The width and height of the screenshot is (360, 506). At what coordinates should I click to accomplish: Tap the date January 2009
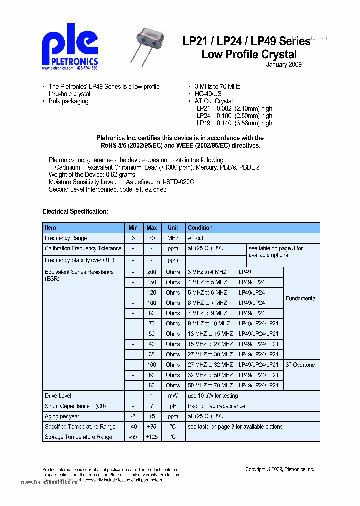pyautogui.click(x=283, y=65)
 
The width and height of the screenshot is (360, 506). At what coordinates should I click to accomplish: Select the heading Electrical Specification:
pyautogui.click(x=75, y=211)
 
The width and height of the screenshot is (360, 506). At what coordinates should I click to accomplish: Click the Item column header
pyautogui.click(x=50, y=228)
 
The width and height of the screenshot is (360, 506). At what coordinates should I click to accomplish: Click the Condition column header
pyautogui.click(x=200, y=228)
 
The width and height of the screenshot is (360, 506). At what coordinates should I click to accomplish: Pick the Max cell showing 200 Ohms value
pyautogui.click(x=152, y=272)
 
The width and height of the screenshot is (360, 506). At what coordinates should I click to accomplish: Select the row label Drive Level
pyautogui.click(x=58, y=396)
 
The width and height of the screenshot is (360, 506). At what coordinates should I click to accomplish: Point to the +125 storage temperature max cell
pyautogui.click(x=152, y=437)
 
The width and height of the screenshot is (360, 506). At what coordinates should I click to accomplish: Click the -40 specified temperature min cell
pyautogui.click(x=133, y=427)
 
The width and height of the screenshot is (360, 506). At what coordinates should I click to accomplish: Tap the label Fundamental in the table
pyautogui.click(x=301, y=298)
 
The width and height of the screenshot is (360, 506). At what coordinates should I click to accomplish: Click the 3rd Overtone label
pyautogui.click(x=300, y=365)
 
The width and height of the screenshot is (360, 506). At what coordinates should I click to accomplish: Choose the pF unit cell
pyautogui.click(x=173, y=406)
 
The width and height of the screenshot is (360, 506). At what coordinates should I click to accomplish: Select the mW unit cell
pyautogui.click(x=173, y=396)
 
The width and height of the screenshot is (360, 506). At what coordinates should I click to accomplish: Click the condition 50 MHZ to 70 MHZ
pyautogui.click(x=210, y=385)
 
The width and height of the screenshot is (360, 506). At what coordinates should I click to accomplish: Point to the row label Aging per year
pyautogui.click(x=62, y=416)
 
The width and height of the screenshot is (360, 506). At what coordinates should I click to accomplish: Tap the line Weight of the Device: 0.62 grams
pyautogui.click(x=92, y=175)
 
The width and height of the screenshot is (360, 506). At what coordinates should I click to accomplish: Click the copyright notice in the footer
pyautogui.click(x=279, y=469)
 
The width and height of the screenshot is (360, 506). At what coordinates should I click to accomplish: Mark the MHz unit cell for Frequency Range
pyautogui.click(x=173, y=238)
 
